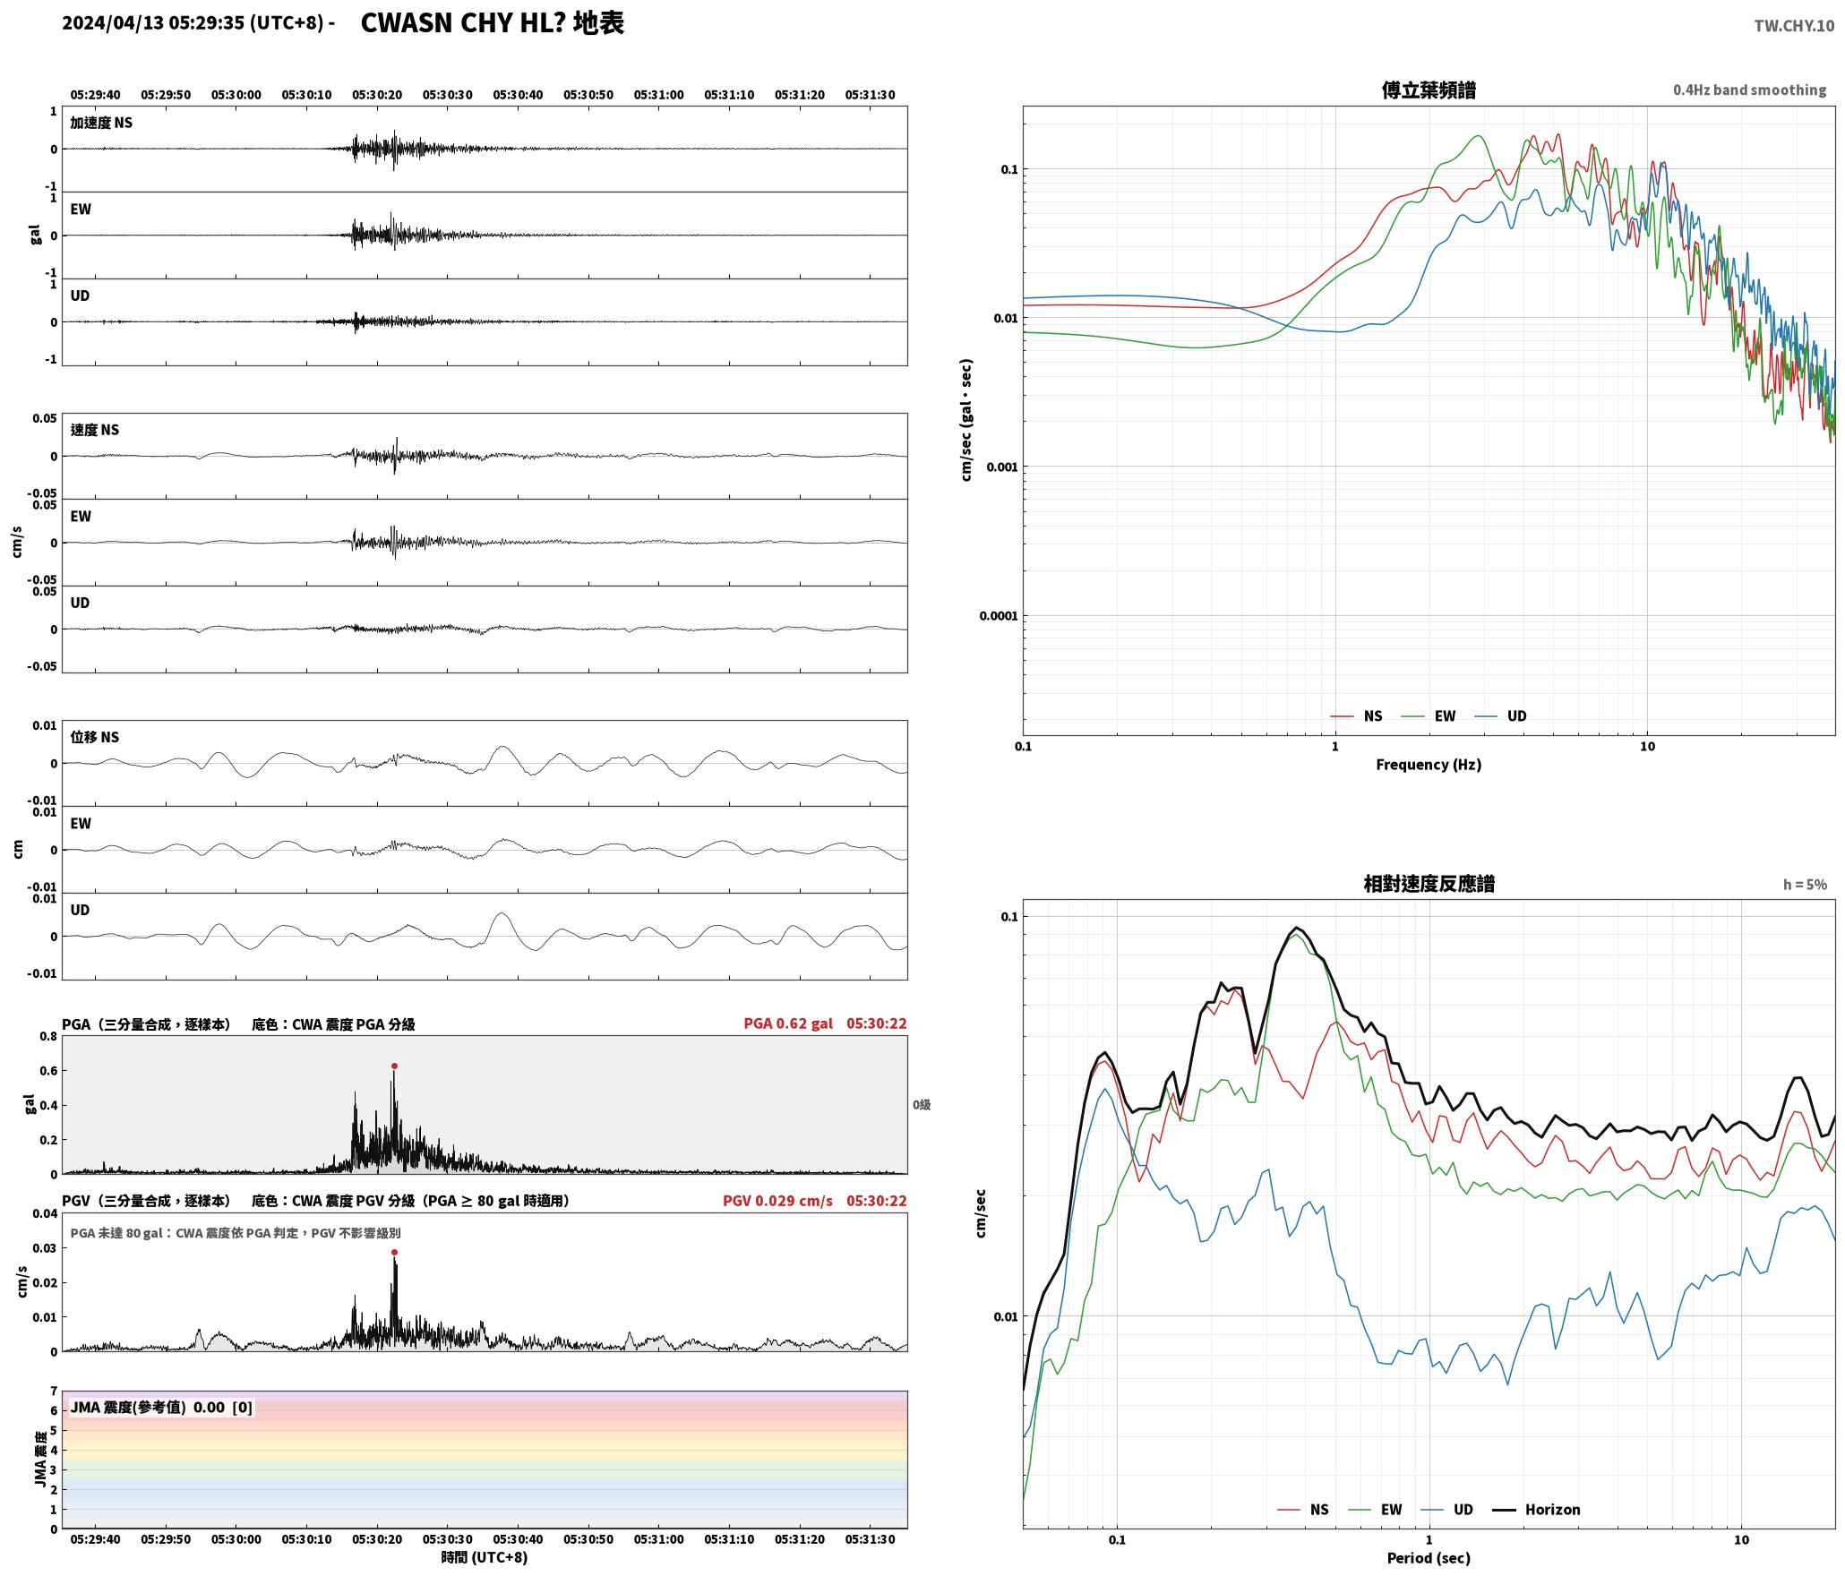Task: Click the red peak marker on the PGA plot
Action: pos(394,1066)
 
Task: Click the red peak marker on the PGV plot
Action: pos(394,1252)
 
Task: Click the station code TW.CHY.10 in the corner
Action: pos(1794,26)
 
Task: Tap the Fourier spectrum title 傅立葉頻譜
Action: pos(1429,90)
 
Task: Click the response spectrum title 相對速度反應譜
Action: pos(1429,883)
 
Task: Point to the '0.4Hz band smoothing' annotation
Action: pos(1749,90)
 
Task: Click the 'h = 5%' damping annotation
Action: pos(1805,885)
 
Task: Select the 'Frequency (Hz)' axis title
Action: pos(1429,764)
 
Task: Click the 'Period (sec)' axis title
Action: pos(1429,1557)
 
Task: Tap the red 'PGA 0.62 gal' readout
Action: pos(788,1023)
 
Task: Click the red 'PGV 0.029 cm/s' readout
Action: pos(777,1200)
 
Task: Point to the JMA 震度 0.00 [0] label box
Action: pos(161,1407)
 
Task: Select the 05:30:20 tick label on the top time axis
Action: pos(376,94)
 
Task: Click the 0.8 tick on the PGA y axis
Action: pos(47,1036)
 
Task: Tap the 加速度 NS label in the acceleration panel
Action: pos(101,123)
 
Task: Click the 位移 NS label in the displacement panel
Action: pos(94,737)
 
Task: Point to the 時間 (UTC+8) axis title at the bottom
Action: pos(485,1557)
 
